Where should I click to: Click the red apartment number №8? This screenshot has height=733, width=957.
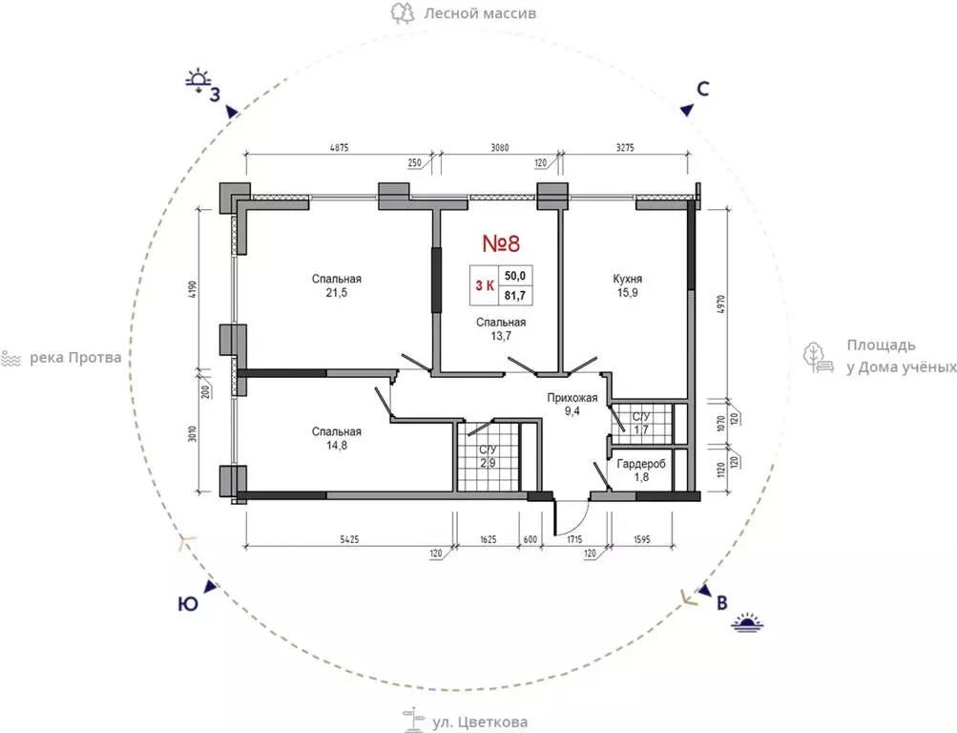[x=501, y=243]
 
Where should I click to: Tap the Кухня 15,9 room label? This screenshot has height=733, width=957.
[x=628, y=285]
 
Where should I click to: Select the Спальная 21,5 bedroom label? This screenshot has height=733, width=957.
[x=336, y=285]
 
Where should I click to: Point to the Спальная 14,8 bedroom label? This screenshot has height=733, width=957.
[x=336, y=438]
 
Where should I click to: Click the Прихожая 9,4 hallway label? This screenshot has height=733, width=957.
[x=572, y=405]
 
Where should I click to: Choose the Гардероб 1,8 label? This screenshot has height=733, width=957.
[x=641, y=470]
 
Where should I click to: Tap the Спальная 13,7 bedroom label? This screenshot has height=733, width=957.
[x=501, y=329]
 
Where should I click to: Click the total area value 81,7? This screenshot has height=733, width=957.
[x=514, y=297]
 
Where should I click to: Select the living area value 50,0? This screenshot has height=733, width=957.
[x=514, y=276]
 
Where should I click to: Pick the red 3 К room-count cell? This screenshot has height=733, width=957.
[x=485, y=285]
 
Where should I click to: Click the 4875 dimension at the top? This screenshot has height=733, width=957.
[x=339, y=148]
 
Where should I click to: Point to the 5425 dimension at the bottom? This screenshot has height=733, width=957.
[x=349, y=539]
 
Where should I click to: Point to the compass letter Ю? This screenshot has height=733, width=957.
[x=188, y=604]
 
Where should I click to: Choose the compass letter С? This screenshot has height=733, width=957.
[x=703, y=89]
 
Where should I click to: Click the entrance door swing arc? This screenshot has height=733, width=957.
[x=577, y=522]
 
